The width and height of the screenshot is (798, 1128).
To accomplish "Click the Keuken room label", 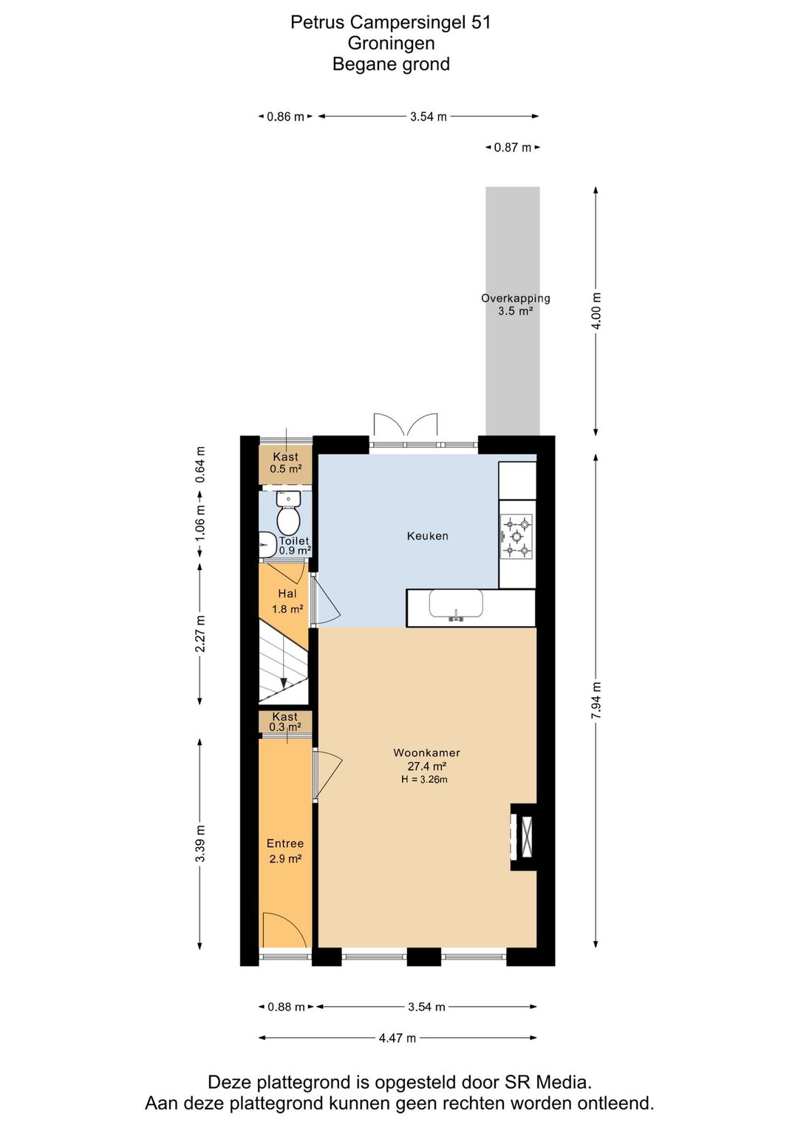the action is coord(427,536).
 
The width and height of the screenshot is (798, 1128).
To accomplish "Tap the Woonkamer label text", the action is coord(426,752).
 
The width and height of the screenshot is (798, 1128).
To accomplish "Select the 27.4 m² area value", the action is coord(427,767).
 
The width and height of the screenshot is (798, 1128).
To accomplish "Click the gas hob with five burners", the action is coord(517,537).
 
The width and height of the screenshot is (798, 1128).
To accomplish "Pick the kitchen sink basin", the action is coord(456,603).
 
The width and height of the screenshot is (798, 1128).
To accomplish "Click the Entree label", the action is coord(285,843).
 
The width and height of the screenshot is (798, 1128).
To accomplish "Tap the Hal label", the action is coord(287,594).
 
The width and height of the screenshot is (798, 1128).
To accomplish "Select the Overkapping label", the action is coord(516,298).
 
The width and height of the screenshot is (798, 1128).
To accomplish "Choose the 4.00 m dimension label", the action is coord(596,310).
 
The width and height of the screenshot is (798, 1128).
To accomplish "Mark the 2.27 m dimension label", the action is coord(200,633).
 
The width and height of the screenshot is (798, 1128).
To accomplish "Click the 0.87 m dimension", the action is coord(513,148).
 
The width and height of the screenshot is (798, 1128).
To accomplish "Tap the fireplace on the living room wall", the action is coord(524,837).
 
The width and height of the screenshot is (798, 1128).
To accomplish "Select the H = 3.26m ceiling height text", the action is coord(424,780).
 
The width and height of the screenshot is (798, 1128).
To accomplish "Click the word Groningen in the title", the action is coord(391,43).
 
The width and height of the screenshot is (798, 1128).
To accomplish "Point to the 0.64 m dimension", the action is coord(200,464).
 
